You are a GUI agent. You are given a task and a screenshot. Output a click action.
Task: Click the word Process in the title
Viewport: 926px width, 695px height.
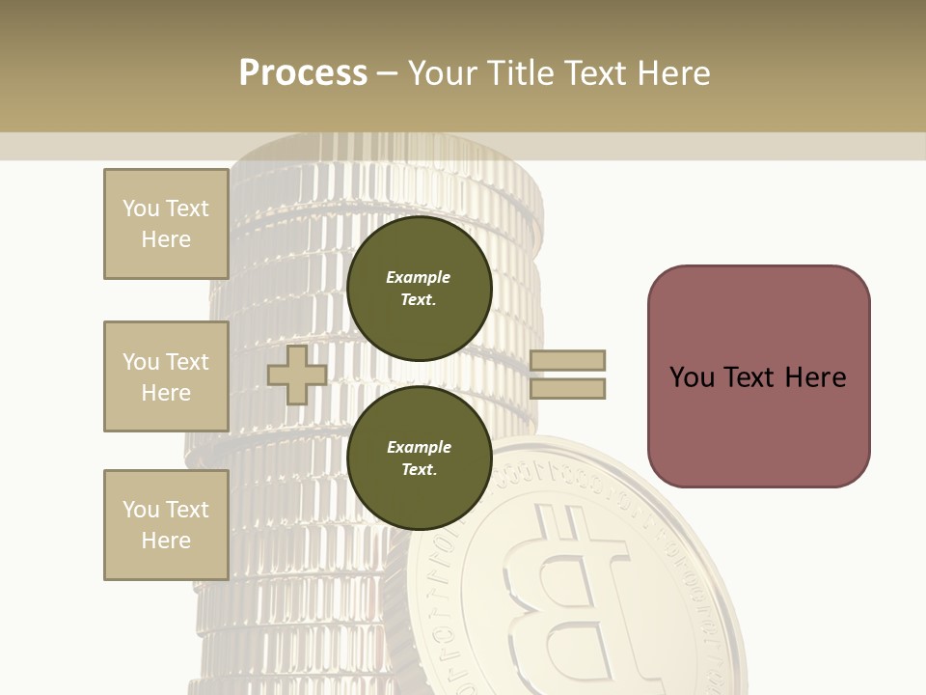click(x=303, y=73)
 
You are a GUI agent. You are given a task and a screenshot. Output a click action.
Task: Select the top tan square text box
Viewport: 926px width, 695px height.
click(x=166, y=224)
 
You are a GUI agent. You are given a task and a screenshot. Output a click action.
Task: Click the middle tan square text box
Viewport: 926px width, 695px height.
click(x=166, y=376)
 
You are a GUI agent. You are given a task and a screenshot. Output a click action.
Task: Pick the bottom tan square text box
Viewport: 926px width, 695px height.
click(x=166, y=525)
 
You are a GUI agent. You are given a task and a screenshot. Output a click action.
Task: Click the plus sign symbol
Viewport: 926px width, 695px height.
click(x=297, y=375)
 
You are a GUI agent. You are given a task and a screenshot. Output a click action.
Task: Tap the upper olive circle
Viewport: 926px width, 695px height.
click(x=419, y=289)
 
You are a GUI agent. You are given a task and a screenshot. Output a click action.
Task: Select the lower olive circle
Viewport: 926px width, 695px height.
click(x=419, y=459)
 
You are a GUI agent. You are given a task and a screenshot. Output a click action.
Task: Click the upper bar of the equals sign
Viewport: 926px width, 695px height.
click(x=567, y=360)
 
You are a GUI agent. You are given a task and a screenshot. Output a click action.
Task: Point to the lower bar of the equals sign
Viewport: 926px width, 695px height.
click(x=567, y=388)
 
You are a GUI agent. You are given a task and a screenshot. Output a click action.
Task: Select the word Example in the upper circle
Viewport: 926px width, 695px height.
click(x=419, y=277)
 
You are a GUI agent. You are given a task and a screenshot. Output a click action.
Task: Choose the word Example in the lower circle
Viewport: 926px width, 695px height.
click(x=419, y=447)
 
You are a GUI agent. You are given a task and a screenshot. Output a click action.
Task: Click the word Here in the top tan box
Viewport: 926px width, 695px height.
click(x=166, y=239)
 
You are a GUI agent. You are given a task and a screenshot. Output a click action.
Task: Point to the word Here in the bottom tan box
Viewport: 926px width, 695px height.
click(x=166, y=541)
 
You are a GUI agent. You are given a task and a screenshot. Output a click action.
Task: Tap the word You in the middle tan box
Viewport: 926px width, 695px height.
click(x=140, y=362)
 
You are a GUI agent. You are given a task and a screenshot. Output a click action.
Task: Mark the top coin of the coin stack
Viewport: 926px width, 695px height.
click(x=386, y=154)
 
